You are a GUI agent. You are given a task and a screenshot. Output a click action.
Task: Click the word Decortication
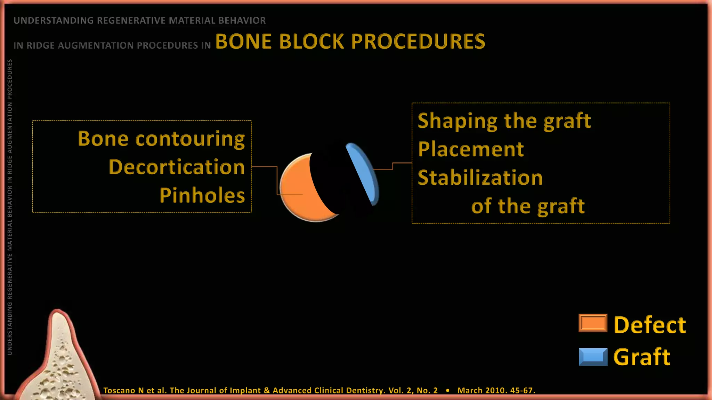pyautogui.click(x=177, y=167)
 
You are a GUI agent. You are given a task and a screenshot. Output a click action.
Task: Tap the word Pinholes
pyautogui.click(x=202, y=195)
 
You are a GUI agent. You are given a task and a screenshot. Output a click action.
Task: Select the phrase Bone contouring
pyautogui.click(x=161, y=139)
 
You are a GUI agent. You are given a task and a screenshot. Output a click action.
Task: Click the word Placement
pyautogui.click(x=471, y=149)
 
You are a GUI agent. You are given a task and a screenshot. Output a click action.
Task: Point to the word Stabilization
pyautogui.click(x=480, y=178)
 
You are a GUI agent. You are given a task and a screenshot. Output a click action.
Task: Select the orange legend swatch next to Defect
pyautogui.click(x=593, y=323)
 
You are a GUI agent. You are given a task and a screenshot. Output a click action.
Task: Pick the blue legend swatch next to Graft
pyautogui.click(x=593, y=357)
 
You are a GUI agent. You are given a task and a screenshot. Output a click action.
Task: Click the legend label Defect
pyautogui.click(x=649, y=325)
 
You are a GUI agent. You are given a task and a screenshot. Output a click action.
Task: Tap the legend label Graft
pyautogui.click(x=642, y=357)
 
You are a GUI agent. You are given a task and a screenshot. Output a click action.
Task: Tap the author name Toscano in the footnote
pyautogui.click(x=119, y=390)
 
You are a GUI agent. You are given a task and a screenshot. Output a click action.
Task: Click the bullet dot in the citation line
pyautogui.click(x=447, y=391)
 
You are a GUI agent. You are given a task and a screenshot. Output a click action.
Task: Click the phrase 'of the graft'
pyautogui.click(x=528, y=206)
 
